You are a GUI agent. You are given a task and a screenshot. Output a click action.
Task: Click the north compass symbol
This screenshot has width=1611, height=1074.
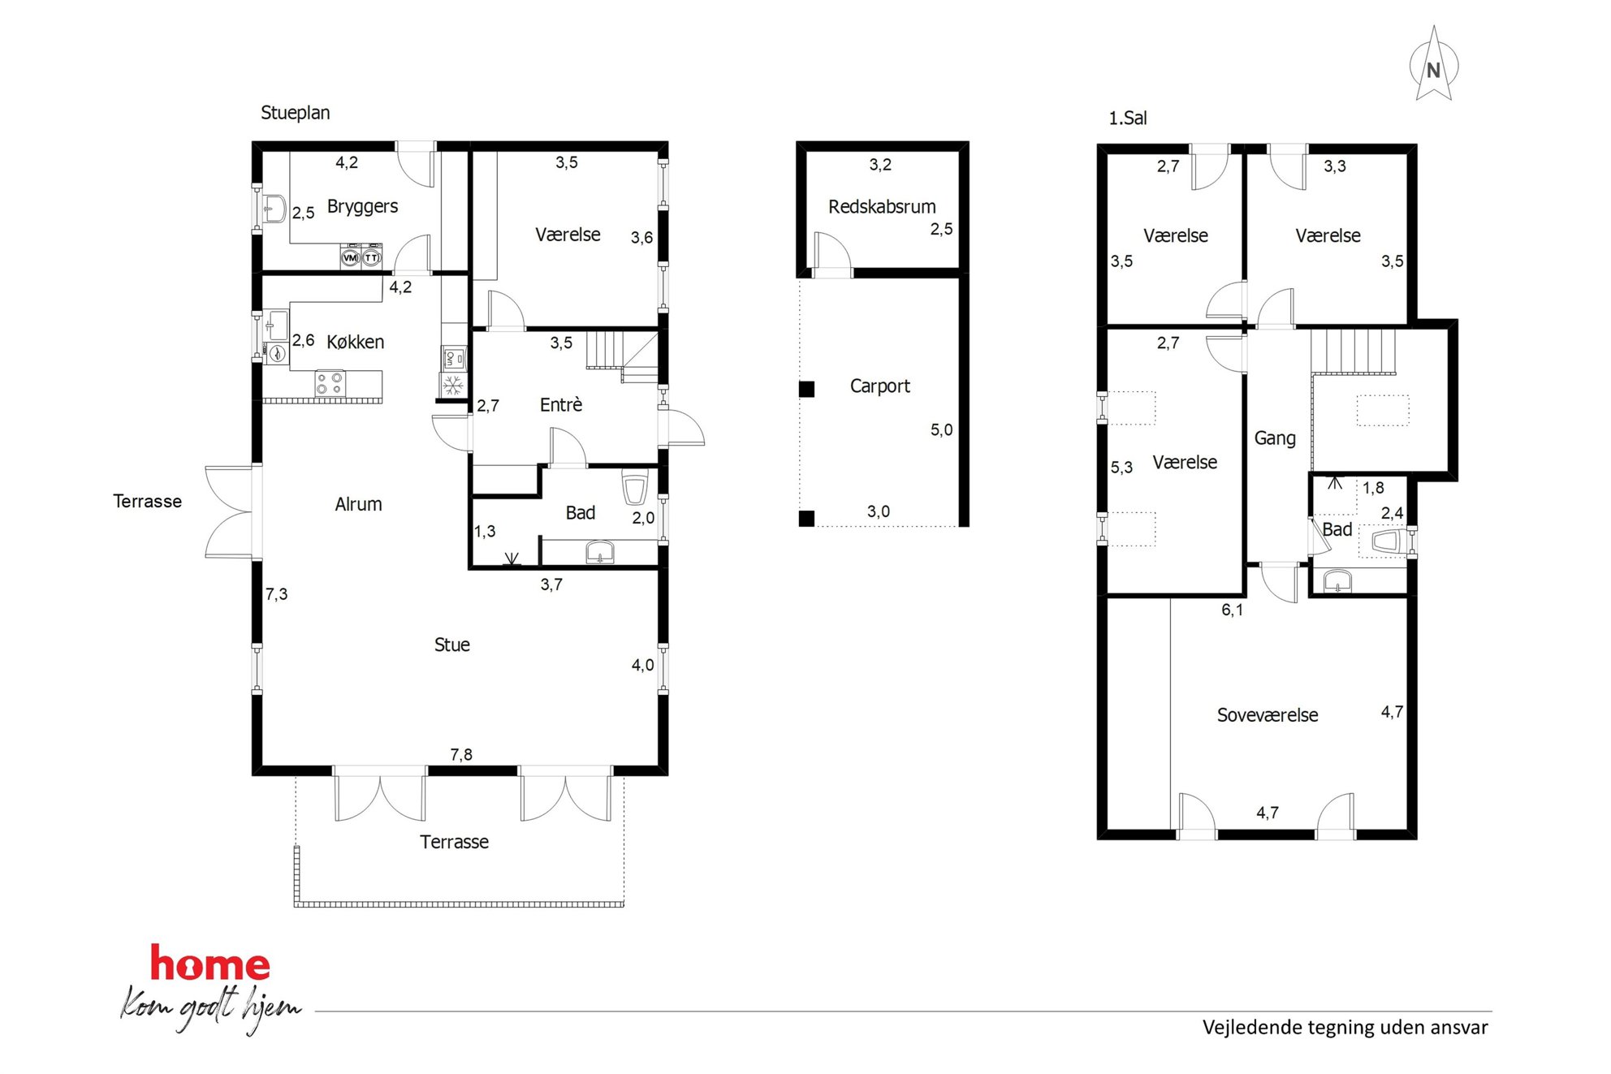point(1434,65)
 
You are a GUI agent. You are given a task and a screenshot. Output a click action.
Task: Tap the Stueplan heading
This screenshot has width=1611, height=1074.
point(295,113)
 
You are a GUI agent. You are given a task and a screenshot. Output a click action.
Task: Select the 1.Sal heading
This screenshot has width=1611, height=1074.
point(1128,119)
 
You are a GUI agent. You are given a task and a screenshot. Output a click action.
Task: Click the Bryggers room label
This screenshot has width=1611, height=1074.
point(362,207)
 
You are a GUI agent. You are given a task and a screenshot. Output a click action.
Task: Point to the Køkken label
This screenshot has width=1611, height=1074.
point(355,342)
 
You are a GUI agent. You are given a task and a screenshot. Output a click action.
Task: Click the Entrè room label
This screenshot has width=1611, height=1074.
point(561,404)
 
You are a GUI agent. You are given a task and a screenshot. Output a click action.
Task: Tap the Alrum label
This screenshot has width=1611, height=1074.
point(358,504)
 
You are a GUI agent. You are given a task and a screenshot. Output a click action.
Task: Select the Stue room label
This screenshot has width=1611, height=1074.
point(451,645)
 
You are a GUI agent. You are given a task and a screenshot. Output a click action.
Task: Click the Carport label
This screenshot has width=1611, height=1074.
point(879,386)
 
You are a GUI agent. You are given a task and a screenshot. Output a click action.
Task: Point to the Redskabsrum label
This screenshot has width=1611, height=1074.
point(882,207)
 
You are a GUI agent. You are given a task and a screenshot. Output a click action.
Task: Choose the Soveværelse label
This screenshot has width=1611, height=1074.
point(1267,715)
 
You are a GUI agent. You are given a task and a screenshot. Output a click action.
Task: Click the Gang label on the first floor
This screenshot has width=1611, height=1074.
point(1275,438)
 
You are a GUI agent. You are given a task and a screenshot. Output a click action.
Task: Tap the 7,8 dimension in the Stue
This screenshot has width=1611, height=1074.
point(461,755)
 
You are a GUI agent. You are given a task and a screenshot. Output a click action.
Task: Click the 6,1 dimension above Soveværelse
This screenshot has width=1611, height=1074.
point(1232,610)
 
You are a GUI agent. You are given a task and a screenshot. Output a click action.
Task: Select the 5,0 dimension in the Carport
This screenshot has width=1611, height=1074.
point(941,430)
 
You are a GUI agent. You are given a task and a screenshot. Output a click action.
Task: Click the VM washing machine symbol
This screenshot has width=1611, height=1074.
point(350,257)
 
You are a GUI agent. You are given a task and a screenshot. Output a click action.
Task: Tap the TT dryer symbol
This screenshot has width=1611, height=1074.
point(371,257)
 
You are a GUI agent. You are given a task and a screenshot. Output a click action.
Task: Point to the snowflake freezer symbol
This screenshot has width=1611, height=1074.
point(453,385)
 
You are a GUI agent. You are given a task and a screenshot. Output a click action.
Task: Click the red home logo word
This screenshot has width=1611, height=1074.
point(210,964)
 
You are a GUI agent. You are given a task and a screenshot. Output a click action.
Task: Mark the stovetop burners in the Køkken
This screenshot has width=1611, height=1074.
point(330,383)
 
